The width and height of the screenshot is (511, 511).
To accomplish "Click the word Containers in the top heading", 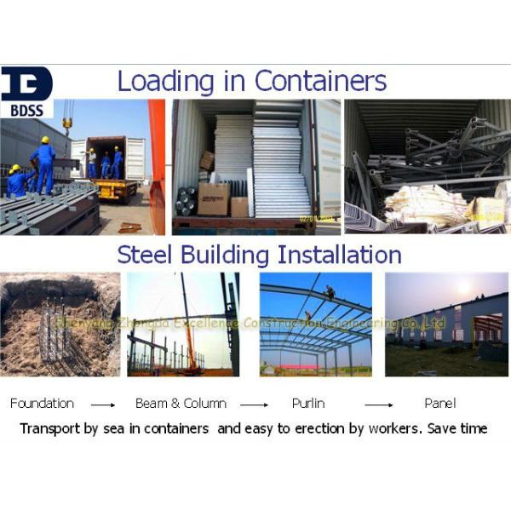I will (320, 81).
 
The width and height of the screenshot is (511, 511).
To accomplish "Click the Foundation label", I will (42, 403).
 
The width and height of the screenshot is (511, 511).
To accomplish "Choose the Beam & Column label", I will (181, 403).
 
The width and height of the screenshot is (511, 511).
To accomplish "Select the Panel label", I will (439, 403).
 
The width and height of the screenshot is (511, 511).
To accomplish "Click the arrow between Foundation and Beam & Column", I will (103, 405).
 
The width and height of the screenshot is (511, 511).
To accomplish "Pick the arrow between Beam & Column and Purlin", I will (252, 405).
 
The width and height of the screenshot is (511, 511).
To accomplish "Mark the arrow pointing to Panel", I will (379, 405).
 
